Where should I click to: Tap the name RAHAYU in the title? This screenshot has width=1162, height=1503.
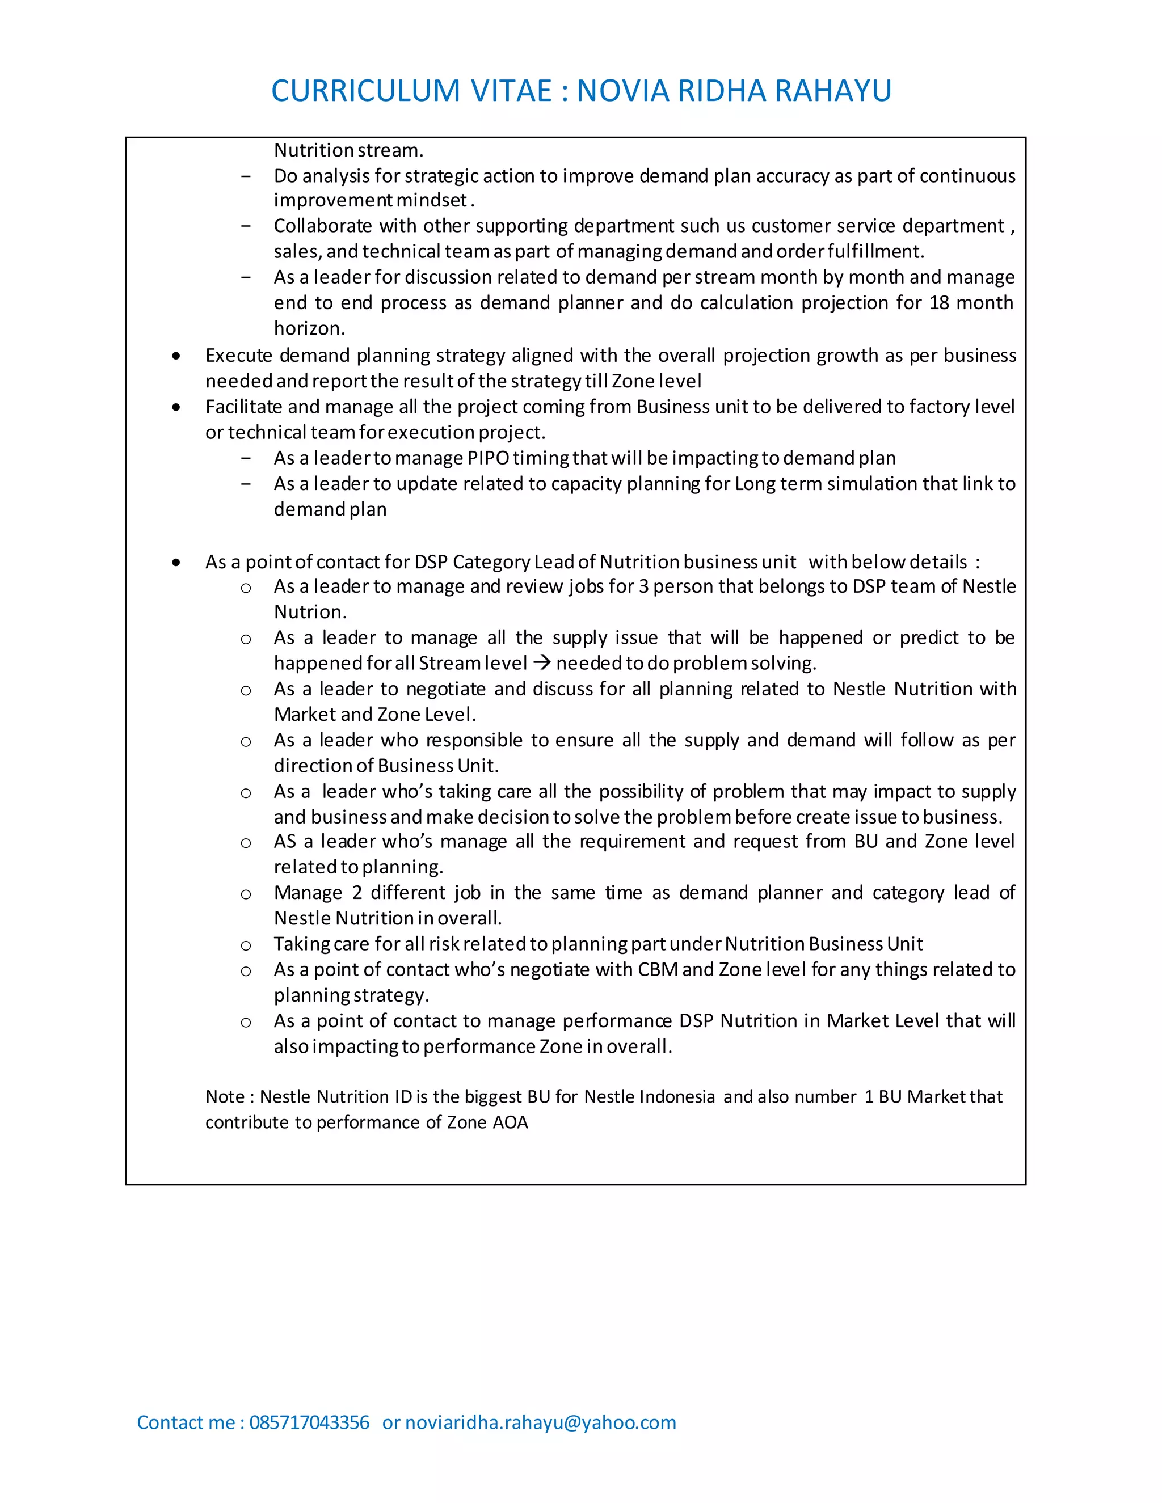pos(833,91)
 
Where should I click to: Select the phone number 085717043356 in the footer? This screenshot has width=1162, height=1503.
pos(309,1422)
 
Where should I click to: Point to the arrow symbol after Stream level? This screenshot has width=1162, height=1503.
pos(542,662)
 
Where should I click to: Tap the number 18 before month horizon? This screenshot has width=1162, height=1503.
pos(940,303)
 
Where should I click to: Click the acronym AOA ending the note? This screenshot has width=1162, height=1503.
pos(510,1122)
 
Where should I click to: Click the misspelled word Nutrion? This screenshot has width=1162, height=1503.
pos(309,612)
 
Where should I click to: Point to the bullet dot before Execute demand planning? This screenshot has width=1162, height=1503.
pos(177,356)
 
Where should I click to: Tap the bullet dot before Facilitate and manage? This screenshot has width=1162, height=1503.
pos(177,407)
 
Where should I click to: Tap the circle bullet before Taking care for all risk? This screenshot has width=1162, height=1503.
pos(246,945)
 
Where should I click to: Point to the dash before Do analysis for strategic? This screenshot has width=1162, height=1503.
pos(246,176)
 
